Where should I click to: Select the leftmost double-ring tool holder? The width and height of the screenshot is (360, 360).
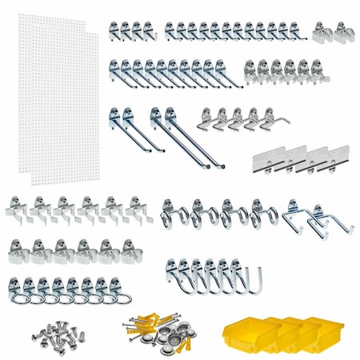click(177, 214)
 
